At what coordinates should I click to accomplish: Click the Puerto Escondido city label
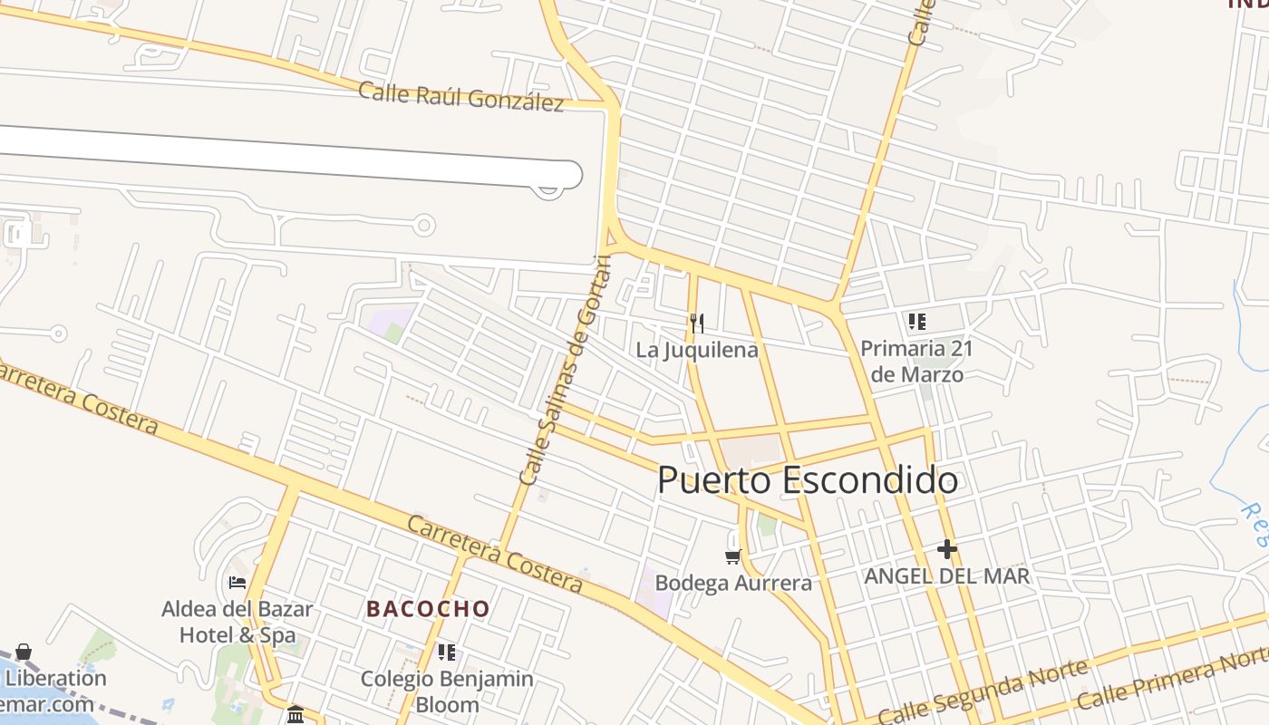(x=807, y=479)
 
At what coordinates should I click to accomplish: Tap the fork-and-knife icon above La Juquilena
(x=696, y=323)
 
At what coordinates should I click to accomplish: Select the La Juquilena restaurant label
(x=696, y=350)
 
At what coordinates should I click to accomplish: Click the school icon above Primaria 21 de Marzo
(x=916, y=322)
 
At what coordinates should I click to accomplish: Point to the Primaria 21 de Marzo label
(x=915, y=361)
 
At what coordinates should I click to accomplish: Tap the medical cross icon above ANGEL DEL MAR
(x=947, y=549)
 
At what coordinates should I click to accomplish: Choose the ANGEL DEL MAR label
(x=947, y=576)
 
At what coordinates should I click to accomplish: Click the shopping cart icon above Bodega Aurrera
(x=732, y=556)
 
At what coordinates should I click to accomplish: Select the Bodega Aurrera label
(x=732, y=583)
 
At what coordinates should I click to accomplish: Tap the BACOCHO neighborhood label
(x=428, y=609)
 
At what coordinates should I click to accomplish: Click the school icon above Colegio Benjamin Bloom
(x=446, y=652)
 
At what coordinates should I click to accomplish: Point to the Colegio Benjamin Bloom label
(x=447, y=691)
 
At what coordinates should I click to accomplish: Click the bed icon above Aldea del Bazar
(x=237, y=583)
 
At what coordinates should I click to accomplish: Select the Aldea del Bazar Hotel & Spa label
(x=237, y=622)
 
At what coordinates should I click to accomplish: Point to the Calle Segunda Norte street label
(x=983, y=693)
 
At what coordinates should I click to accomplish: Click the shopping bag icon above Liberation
(x=24, y=652)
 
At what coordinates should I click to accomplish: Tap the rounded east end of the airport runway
(x=571, y=175)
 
